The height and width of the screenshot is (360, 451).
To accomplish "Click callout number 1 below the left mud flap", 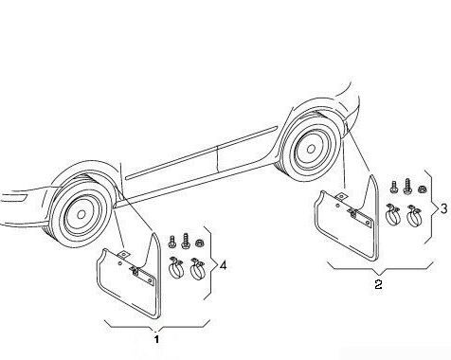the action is tap(156, 339).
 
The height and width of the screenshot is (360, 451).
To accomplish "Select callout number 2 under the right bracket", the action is tap(378, 284).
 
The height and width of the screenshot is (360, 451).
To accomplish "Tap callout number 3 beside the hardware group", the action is tap(443, 208).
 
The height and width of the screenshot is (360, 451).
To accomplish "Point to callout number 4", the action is tap(223, 265).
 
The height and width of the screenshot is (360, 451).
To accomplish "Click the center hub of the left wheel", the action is tap(81, 214).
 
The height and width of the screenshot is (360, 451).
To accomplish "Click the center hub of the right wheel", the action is tap(311, 149).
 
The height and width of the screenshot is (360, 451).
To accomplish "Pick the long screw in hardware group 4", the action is tap(185, 242).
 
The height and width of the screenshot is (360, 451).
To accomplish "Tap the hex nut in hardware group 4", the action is tap(199, 243).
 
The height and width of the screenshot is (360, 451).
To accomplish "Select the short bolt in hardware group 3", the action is tap(394, 187).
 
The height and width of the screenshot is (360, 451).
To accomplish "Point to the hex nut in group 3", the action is tap(421, 189).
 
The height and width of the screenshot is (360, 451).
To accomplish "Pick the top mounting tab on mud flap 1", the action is tap(123, 255).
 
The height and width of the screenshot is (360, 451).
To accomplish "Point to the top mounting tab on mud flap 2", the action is tap(341, 197).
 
